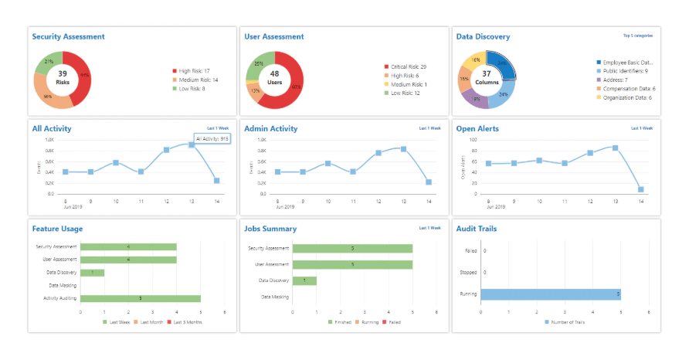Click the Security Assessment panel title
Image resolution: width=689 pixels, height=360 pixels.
(68, 36)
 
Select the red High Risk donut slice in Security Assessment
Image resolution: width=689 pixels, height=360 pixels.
(81, 78)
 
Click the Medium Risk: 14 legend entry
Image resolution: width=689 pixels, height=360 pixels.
(197, 80)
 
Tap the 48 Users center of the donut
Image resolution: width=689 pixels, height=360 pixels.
(273, 76)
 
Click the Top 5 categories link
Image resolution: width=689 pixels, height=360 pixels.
(637, 36)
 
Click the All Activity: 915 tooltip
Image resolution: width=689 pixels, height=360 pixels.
(212, 139)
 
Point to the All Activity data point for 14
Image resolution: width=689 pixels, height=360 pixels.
(217, 181)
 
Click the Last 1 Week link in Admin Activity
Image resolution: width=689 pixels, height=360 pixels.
(429, 128)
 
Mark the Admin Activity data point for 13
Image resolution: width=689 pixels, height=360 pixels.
(403, 149)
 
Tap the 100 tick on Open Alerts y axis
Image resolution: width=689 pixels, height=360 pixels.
(473, 141)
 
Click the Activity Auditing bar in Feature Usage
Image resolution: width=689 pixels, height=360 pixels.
(140, 298)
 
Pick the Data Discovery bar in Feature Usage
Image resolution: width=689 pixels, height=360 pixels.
(92, 273)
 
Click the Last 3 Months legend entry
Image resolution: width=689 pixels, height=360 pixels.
(187, 322)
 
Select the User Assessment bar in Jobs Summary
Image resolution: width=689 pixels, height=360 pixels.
(352, 264)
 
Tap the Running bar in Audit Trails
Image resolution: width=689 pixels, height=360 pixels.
(551, 294)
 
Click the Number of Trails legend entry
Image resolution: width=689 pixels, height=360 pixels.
(567, 322)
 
